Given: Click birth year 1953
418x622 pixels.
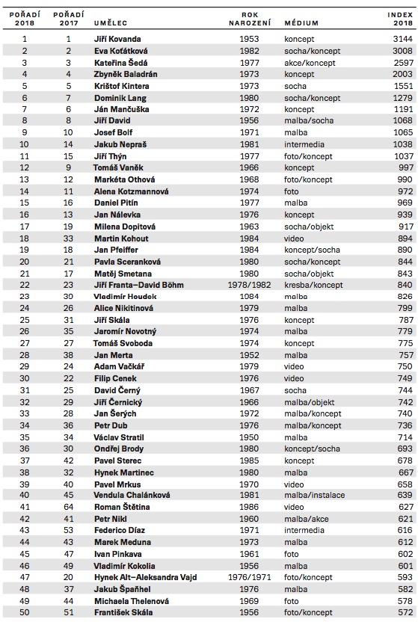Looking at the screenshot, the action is point(250,37).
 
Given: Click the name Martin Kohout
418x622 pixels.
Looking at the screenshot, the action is point(122,238).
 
